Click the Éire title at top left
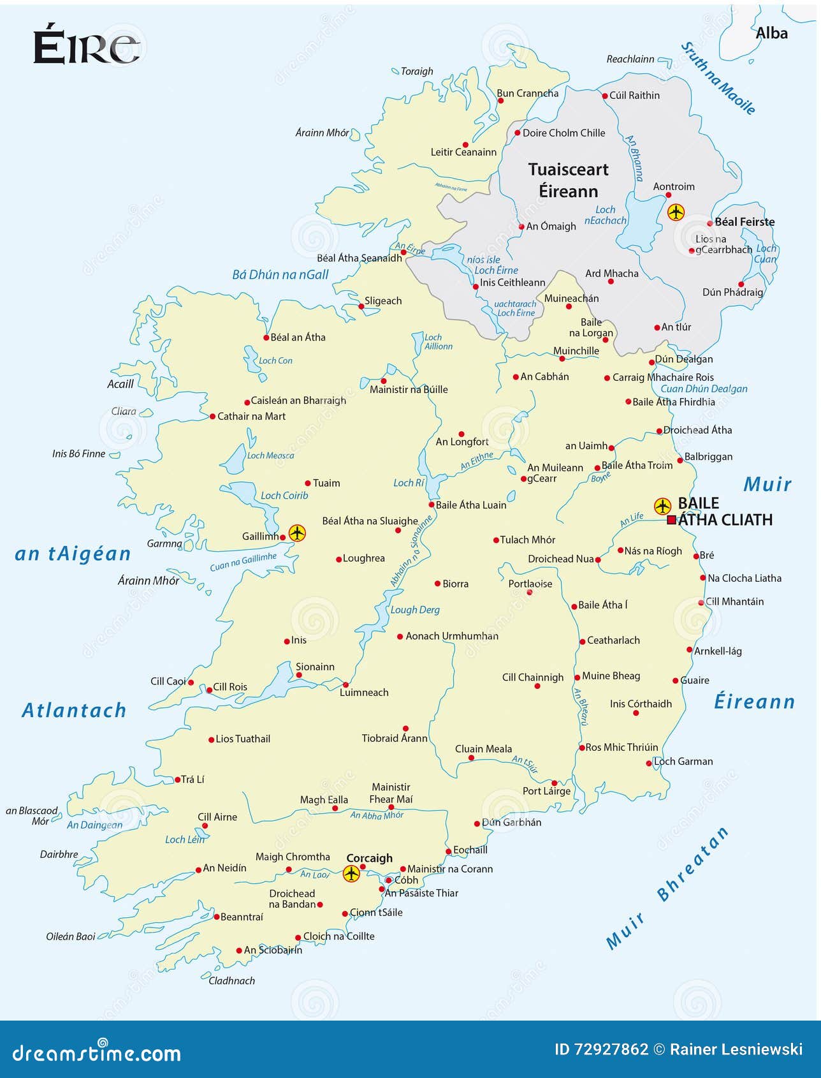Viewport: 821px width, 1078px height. click(86, 46)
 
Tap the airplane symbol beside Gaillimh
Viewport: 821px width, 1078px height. click(297, 532)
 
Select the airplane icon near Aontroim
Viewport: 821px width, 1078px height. click(676, 212)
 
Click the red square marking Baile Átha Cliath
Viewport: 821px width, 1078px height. click(671, 520)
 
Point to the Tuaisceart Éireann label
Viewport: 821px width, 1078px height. click(568, 181)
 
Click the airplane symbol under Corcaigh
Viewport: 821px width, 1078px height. click(351, 873)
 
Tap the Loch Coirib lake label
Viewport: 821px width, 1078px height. click(284, 496)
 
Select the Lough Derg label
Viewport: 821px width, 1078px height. click(415, 610)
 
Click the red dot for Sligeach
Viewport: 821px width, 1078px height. click(361, 307)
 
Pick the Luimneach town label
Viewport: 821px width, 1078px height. click(364, 693)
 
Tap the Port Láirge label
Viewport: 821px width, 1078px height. click(546, 791)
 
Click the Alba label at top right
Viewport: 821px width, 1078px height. click(771, 33)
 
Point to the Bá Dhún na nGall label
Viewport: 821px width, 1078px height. click(280, 275)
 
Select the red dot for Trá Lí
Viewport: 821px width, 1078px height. click(178, 779)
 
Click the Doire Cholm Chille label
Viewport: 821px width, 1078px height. click(563, 133)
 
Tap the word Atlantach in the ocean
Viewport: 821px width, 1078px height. click(75, 711)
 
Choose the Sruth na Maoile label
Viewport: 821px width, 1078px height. click(718, 78)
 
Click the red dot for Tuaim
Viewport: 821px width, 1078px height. click(308, 484)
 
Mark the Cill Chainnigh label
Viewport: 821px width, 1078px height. click(533, 677)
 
